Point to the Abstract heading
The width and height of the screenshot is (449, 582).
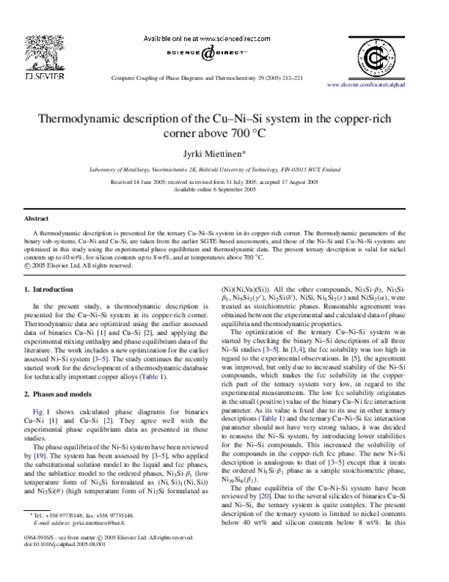point(36,218)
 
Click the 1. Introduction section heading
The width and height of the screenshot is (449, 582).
point(50,289)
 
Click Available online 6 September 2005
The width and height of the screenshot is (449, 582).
point(224,190)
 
